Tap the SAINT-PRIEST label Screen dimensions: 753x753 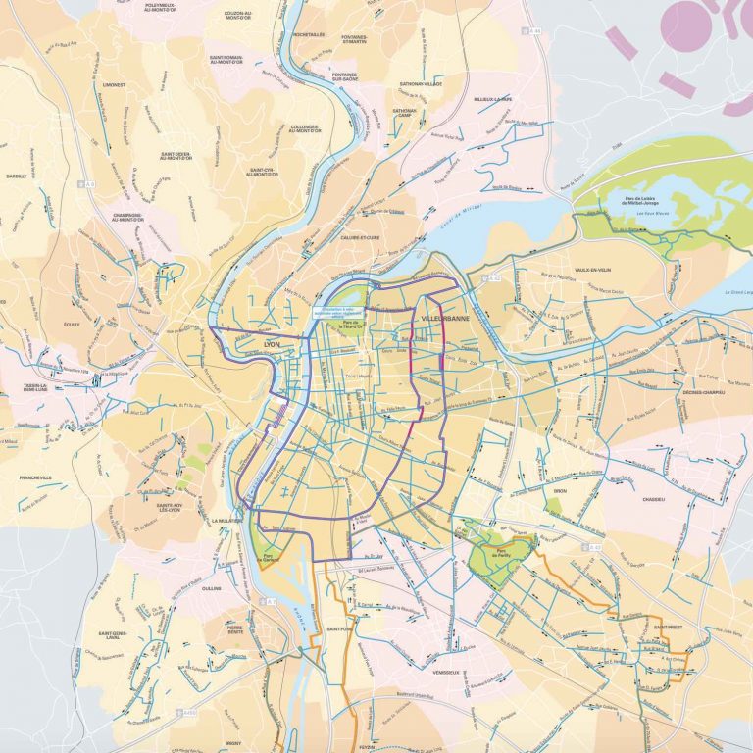point(670,626)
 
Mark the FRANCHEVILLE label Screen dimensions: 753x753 point(35,477)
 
